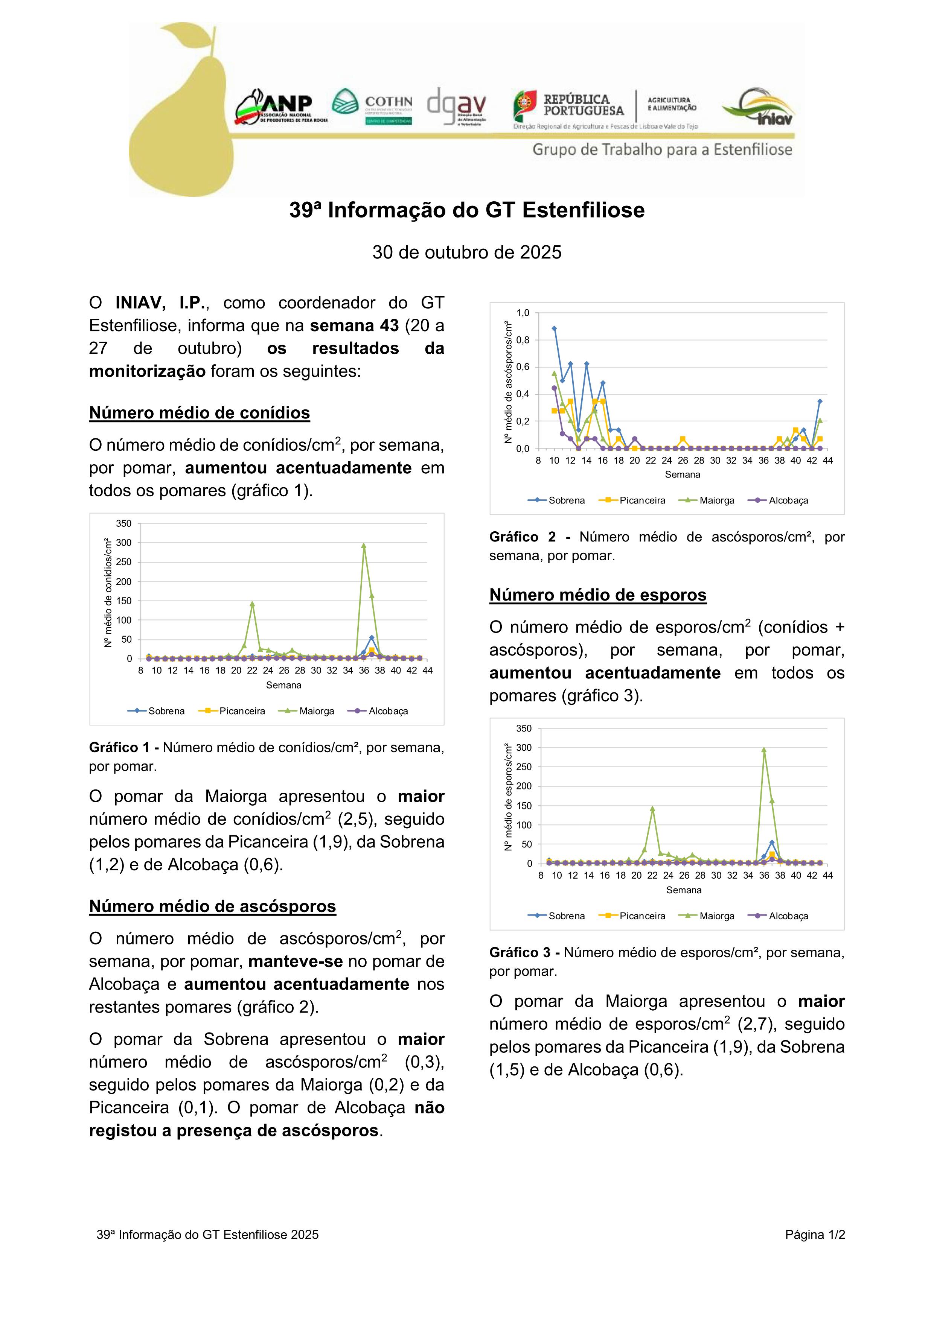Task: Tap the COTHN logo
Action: coord(372,107)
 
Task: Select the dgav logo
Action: coord(457,107)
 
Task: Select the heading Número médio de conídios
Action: coord(199,413)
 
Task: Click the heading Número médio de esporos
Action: coord(597,595)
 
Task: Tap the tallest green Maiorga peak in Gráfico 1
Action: coord(364,546)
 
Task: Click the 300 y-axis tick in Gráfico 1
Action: coord(124,543)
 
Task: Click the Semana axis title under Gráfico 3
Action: coord(683,890)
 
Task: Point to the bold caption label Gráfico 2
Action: coord(523,537)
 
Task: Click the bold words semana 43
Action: coord(354,326)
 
